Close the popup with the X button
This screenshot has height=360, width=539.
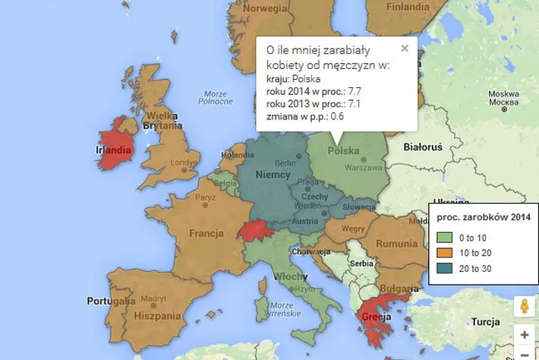[405, 48]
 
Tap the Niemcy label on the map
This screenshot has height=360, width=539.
[273, 175]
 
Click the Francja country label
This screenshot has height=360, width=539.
[206, 232]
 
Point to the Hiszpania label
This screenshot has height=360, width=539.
[156, 314]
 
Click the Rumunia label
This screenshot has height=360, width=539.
[396, 244]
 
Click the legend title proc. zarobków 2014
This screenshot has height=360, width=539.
[483, 219]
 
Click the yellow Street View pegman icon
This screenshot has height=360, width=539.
[523, 306]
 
